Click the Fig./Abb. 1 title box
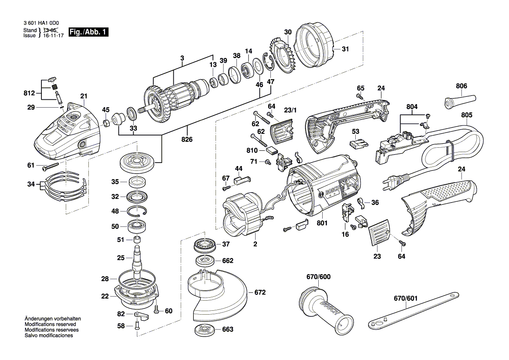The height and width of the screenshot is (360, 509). pyautogui.click(x=88, y=32)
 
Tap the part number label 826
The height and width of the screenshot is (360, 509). pyautogui.click(x=187, y=139)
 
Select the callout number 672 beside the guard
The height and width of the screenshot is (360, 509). pyautogui.click(x=260, y=292)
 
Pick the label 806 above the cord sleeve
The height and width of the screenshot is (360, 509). pyautogui.click(x=461, y=86)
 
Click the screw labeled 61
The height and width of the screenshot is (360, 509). pyautogui.click(x=50, y=167)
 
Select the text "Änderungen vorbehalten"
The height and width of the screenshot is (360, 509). pyautogui.click(x=53, y=319)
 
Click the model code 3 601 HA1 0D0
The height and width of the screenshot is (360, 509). pyautogui.click(x=41, y=23)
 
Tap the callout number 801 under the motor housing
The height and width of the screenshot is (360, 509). pyautogui.click(x=322, y=223)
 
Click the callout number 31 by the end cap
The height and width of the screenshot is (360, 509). pyautogui.click(x=345, y=49)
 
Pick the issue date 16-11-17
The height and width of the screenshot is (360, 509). pyautogui.click(x=53, y=35)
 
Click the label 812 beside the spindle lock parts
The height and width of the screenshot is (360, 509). pyautogui.click(x=29, y=93)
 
